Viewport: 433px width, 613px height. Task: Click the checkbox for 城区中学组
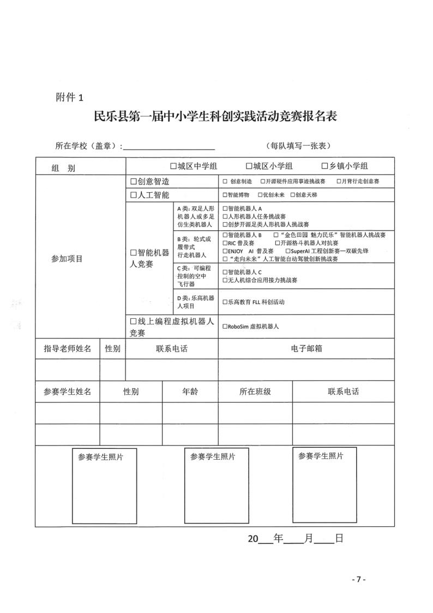pos(173,166)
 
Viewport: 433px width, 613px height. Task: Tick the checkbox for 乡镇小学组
pos(324,166)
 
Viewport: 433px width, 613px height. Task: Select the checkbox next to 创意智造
pos(133,181)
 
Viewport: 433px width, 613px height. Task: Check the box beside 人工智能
pos(133,195)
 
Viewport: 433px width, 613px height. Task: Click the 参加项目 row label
pos(64,259)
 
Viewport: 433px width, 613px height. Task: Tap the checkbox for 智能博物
pos(225,195)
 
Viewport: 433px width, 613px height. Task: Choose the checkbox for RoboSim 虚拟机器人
pos(225,326)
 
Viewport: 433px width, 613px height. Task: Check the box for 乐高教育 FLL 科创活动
pos(225,301)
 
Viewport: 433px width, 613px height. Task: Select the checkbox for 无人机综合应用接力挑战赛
pos(225,280)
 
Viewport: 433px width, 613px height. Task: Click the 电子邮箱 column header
pos(306,348)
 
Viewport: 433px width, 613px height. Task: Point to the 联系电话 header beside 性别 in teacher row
pos(171,348)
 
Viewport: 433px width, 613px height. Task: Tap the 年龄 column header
pos(190,391)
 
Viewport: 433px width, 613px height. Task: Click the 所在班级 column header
pos(255,391)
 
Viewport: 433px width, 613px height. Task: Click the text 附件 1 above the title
pos(70,98)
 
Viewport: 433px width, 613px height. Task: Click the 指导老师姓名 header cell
pos(67,348)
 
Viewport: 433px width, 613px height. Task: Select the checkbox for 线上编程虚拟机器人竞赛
pos(133,322)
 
